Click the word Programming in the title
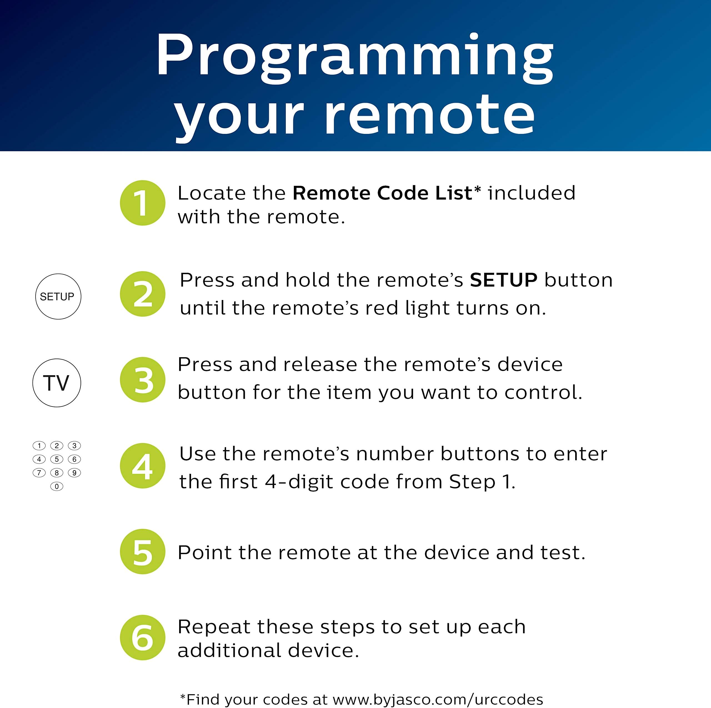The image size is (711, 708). (x=355, y=55)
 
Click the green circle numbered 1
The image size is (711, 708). (x=142, y=203)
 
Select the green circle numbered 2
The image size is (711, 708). (x=142, y=294)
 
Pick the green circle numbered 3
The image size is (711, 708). (x=142, y=379)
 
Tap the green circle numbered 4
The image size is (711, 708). (x=142, y=466)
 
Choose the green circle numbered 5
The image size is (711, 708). (x=142, y=551)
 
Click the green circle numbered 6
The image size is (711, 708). (x=142, y=637)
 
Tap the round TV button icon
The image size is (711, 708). (x=57, y=383)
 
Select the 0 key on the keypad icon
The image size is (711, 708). (x=57, y=486)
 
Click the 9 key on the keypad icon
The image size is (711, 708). (x=74, y=473)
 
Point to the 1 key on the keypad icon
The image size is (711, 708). (x=39, y=446)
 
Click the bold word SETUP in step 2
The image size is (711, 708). (x=504, y=280)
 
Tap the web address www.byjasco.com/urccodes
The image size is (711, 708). (x=437, y=699)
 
